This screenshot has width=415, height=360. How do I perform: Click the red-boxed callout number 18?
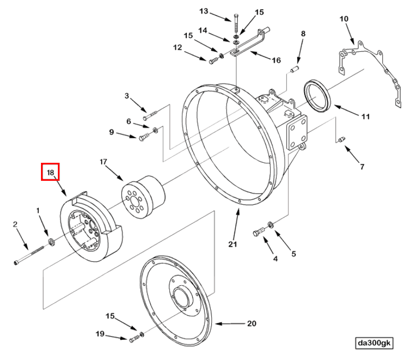pyautogui.click(x=51, y=173)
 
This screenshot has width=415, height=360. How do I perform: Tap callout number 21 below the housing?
pyautogui.click(x=233, y=244)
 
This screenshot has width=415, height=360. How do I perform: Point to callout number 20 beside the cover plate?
pyautogui.click(x=251, y=323)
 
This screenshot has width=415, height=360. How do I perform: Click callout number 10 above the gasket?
pyautogui.click(x=343, y=19)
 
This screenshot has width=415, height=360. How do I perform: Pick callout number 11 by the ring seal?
pyautogui.click(x=365, y=116)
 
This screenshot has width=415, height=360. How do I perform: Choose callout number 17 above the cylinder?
pyautogui.click(x=102, y=162)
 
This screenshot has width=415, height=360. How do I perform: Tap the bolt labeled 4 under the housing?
pyautogui.click(x=259, y=232)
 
